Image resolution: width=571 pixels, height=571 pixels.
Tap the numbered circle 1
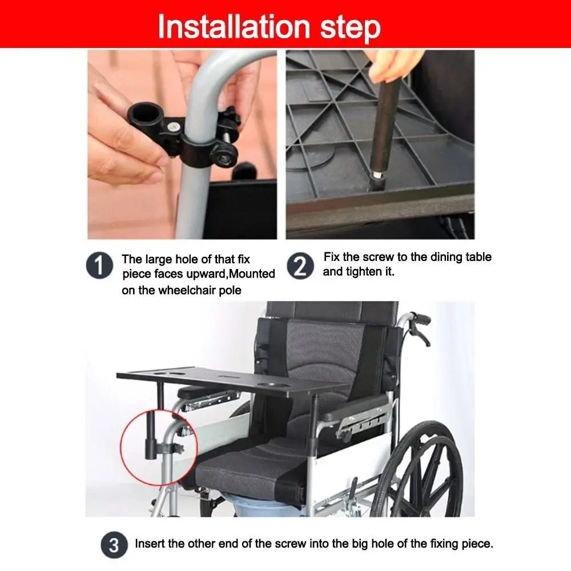[x=99, y=267]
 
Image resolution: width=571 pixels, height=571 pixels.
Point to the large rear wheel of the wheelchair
[x=425, y=468]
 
